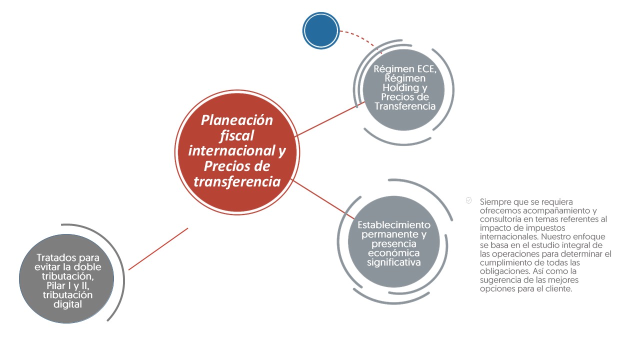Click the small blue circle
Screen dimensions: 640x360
(x=321, y=30)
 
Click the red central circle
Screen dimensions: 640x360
(x=237, y=152)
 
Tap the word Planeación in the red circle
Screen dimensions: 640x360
(x=237, y=120)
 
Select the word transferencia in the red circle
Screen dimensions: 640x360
(x=237, y=181)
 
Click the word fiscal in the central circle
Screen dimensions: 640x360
(x=237, y=135)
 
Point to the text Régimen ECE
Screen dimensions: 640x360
(x=404, y=69)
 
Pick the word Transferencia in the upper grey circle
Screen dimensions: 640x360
(x=405, y=106)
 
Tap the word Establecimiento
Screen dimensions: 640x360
(x=394, y=225)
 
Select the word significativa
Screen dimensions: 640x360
(x=393, y=262)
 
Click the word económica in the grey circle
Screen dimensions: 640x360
(x=393, y=253)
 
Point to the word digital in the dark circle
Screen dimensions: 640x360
(x=67, y=304)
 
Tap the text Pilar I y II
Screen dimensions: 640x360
(x=67, y=285)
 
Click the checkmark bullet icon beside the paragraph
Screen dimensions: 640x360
(x=468, y=200)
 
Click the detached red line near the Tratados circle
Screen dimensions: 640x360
(x=158, y=249)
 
